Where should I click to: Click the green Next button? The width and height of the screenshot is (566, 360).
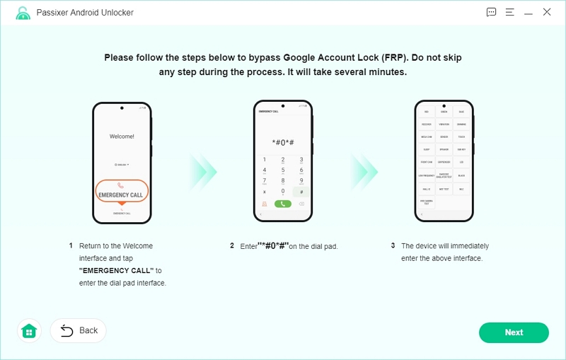click(514, 332)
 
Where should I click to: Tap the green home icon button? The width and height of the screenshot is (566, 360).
click(29, 330)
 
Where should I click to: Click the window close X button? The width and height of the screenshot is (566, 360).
click(547, 12)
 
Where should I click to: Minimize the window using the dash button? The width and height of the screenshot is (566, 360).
click(529, 12)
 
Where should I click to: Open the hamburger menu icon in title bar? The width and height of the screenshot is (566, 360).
click(509, 12)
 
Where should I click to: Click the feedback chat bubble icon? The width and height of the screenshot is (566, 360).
click(492, 12)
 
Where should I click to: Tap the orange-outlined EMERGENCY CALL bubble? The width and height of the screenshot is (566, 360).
click(121, 191)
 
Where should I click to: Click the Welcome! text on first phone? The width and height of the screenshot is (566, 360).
click(122, 136)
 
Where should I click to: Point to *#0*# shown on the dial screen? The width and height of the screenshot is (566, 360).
click(283, 142)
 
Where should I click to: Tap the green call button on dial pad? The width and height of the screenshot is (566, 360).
click(283, 204)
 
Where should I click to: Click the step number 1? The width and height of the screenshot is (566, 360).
click(71, 246)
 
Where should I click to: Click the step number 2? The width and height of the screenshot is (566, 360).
click(231, 246)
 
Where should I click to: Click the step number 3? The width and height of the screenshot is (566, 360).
click(393, 246)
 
